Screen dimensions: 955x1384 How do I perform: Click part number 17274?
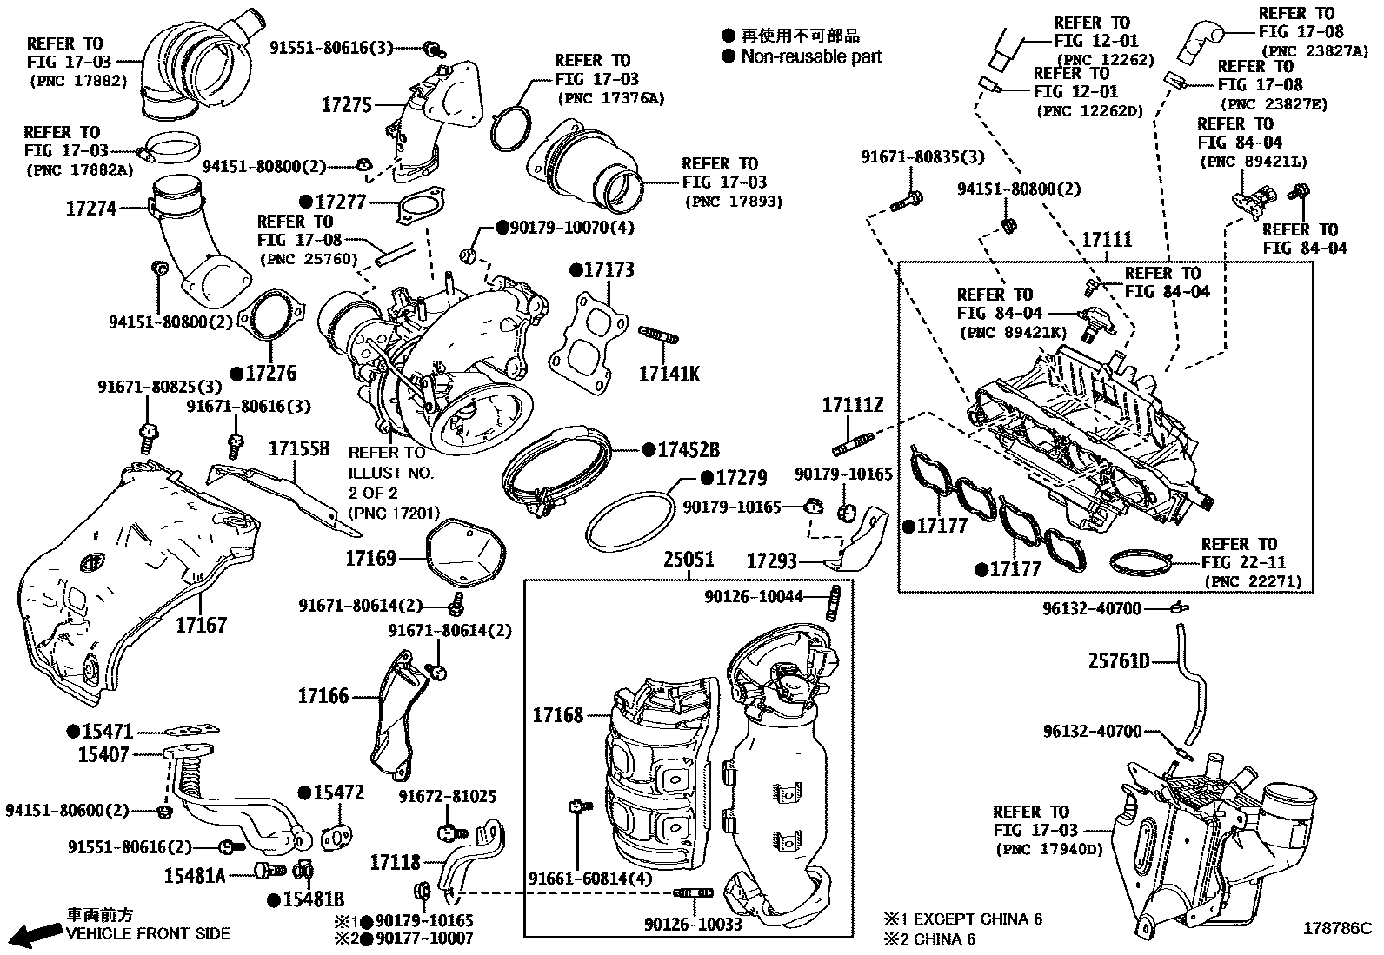(90, 209)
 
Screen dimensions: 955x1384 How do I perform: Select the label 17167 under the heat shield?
(201, 625)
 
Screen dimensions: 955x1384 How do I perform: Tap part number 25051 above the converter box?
(689, 560)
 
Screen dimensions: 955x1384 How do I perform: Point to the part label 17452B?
(688, 450)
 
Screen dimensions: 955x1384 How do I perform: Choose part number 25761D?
(1119, 662)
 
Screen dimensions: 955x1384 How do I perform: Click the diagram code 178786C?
(1336, 928)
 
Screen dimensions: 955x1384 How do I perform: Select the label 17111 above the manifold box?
(1107, 240)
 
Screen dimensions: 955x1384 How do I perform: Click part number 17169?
(370, 558)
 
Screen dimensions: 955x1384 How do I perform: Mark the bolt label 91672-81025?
(448, 796)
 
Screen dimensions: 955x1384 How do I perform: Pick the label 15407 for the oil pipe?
(103, 754)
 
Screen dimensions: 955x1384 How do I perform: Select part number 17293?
(771, 561)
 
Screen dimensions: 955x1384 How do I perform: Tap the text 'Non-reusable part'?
(811, 56)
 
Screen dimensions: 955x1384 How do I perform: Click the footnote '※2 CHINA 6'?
(929, 938)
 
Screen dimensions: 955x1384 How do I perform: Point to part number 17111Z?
(853, 404)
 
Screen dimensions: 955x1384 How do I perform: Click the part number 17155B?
(299, 448)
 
